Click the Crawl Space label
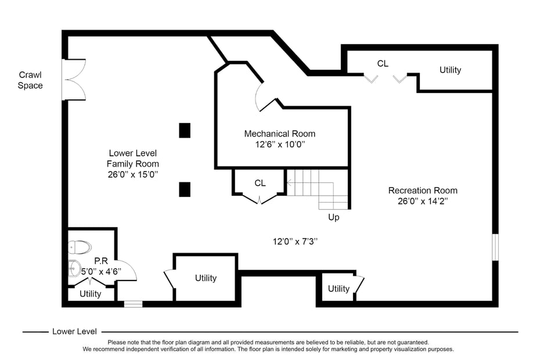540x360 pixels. tap(30, 80)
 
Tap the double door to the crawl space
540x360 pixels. tap(74, 80)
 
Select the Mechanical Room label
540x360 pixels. tap(280, 134)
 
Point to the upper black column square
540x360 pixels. tap(185, 130)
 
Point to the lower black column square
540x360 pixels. tap(185, 189)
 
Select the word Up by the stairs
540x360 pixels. tap(334, 217)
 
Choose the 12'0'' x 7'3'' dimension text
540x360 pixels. tap(296, 241)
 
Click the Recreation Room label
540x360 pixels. tap(423, 190)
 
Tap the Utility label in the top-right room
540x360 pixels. tap(450, 70)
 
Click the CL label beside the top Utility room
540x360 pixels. tap(383, 64)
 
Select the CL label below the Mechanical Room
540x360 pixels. tap(260, 183)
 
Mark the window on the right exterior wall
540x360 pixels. tap(495, 247)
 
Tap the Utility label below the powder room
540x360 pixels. tap(91, 294)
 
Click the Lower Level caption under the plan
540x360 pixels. tap(74, 332)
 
